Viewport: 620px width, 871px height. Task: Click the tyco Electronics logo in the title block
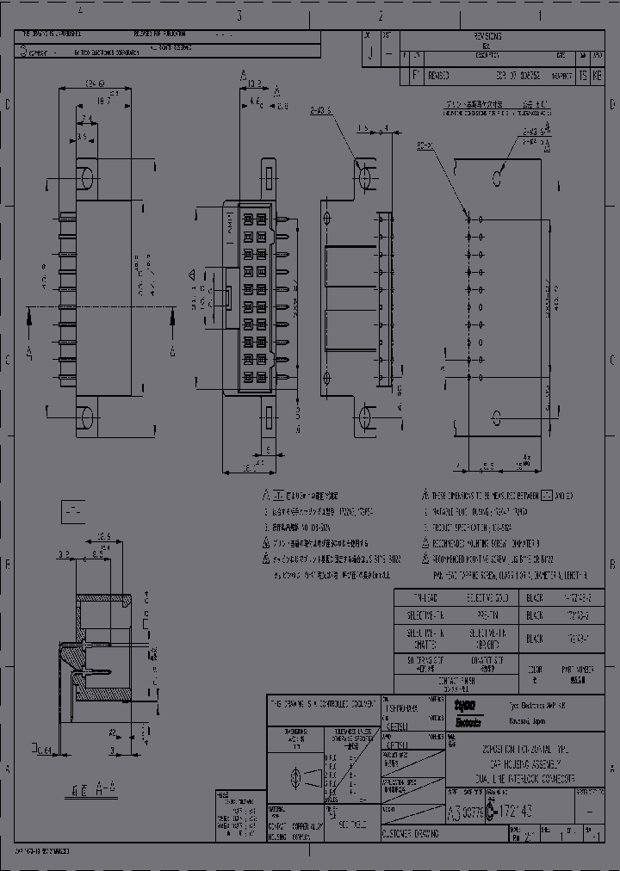[469, 712]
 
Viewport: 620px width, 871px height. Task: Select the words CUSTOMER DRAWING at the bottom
[410, 833]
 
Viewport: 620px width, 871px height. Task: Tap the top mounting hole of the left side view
[86, 178]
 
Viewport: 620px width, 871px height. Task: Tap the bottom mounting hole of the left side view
[86, 418]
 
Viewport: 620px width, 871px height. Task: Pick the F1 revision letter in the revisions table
[414, 76]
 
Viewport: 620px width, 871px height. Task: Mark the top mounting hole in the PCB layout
[497, 178]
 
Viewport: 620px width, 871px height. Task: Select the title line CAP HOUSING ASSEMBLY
[527, 763]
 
